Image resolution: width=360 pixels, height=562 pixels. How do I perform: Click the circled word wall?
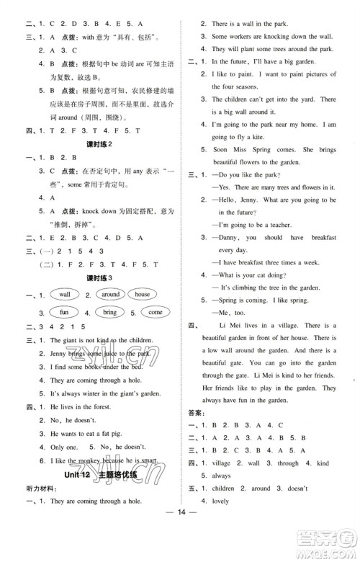tap(65, 295)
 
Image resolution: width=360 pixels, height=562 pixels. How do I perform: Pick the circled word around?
tap(110, 295)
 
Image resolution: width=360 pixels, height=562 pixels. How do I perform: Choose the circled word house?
tap(142, 295)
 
